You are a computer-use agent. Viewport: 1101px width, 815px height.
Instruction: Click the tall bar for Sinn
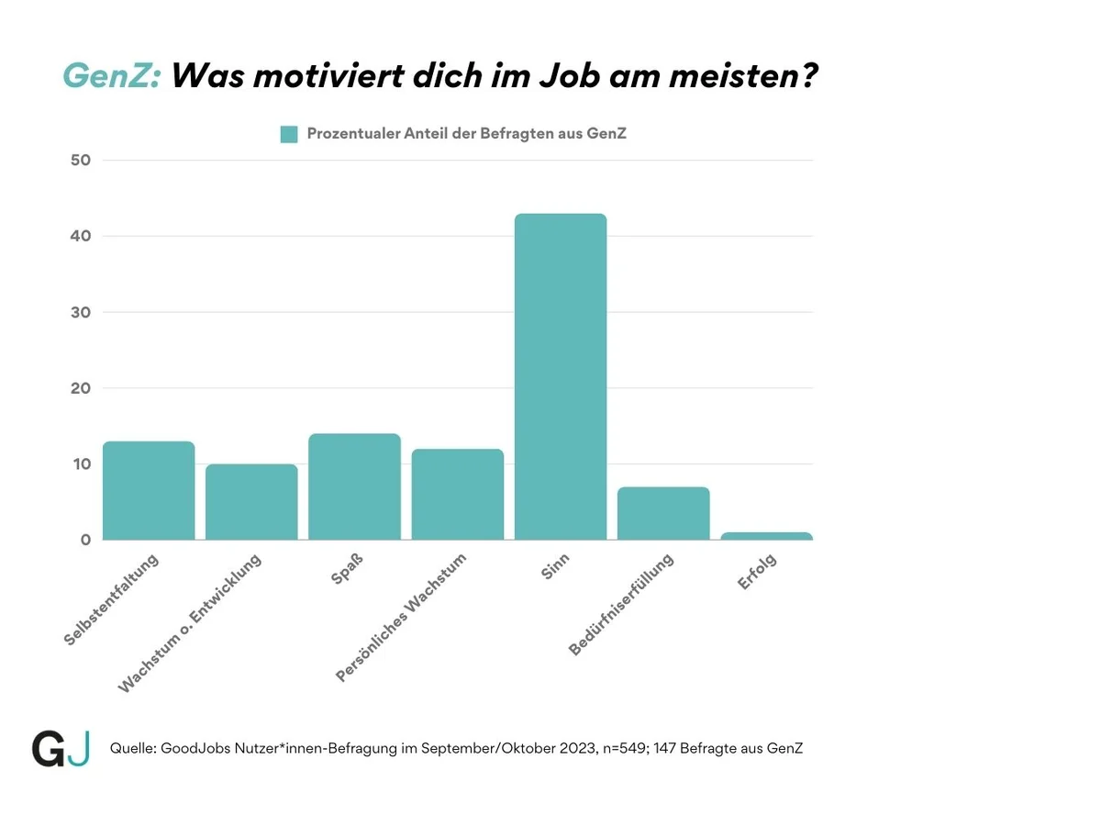pos(560,376)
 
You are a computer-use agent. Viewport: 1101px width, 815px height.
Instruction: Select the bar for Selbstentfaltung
pos(149,490)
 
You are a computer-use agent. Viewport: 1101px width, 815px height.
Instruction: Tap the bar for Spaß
pos(354,486)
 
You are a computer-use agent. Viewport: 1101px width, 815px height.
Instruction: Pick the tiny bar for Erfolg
pos(766,536)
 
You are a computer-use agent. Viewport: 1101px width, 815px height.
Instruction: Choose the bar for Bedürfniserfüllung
pos(663,513)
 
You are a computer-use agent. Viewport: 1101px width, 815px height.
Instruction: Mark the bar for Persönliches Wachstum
pos(457,494)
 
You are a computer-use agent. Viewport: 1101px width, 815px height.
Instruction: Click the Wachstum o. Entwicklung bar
pos(251,502)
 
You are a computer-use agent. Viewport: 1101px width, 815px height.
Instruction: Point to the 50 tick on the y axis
pos(81,161)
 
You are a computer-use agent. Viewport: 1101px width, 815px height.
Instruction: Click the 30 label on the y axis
pos(81,312)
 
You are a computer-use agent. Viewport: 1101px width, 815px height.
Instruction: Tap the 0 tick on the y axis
pos(85,540)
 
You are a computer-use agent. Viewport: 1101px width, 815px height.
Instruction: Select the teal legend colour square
pos(289,134)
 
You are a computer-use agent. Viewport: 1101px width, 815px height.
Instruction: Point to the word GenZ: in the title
pos(111,75)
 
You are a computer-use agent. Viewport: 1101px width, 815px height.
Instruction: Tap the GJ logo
pos(61,749)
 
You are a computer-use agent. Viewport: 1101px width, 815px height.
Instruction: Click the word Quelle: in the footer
pos(132,749)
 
